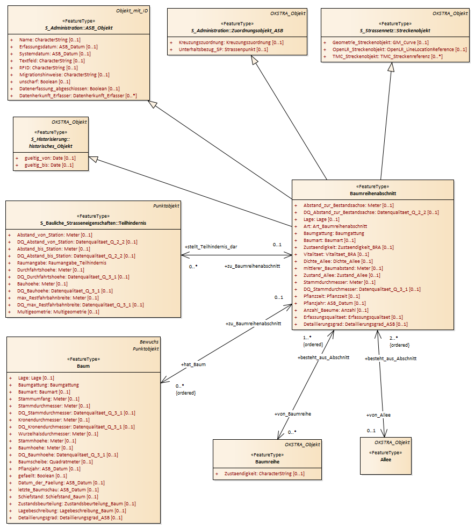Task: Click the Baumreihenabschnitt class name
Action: pyautogui.click(x=373, y=194)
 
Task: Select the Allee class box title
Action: pyautogui.click(x=386, y=460)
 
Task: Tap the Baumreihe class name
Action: pyautogui.click(x=267, y=461)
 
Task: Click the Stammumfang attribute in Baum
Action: pyautogui.click(x=49, y=399)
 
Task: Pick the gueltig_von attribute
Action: pyautogui.click(x=50, y=158)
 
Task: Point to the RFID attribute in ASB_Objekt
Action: pyautogui.click(x=48, y=68)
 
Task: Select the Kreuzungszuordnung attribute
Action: pyautogui.click(x=231, y=42)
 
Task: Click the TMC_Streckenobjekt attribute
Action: pyautogui.click(x=387, y=56)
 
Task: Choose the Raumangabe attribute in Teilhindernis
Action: pyautogui.click(x=62, y=263)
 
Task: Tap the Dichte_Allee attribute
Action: pyautogui.click(x=338, y=261)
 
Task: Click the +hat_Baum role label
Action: pyautogui.click(x=193, y=364)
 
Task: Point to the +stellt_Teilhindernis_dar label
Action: pyautogui.click(x=211, y=247)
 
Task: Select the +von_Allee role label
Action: pyautogui.click(x=378, y=415)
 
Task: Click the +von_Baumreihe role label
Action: pyautogui.click(x=293, y=414)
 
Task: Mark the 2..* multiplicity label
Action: pyautogui.click(x=393, y=338)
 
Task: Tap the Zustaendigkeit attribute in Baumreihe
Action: pyautogui.click(x=264, y=474)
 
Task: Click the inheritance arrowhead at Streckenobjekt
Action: pyautogui.click(x=391, y=67)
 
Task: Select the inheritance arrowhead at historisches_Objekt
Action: pyautogui.click(x=93, y=159)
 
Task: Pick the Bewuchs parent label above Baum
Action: pyautogui.click(x=149, y=342)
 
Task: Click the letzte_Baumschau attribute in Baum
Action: pyautogui.click(x=59, y=490)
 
